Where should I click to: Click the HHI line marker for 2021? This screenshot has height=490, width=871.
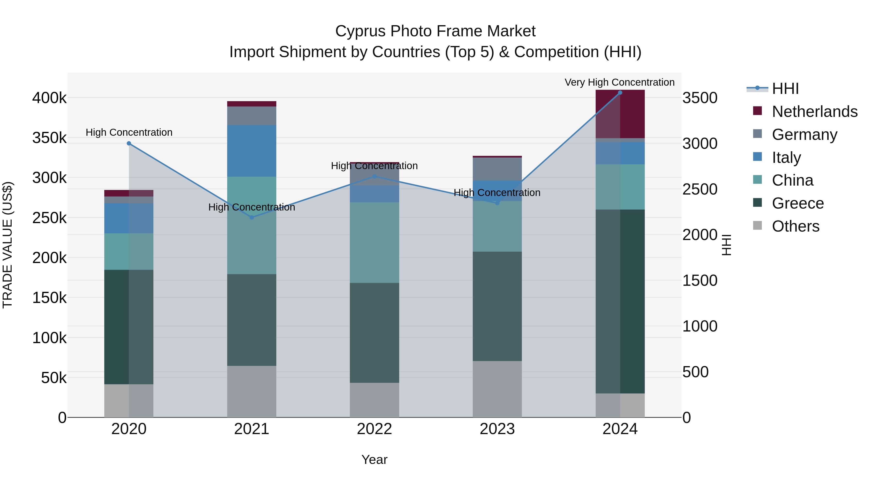pyautogui.click(x=252, y=218)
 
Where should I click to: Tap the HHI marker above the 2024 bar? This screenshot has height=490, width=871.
pyautogui.click(x=620, y=93)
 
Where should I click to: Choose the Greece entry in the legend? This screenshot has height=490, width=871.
pyautogui.click(x=798, y=203)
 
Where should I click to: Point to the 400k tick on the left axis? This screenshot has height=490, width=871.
pyautogui.click(x=49, y=98)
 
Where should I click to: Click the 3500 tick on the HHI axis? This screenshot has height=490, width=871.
pyautogui.click(x=699, y=98)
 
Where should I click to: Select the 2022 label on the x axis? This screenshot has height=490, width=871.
pyautogui.click(x=374, y=429)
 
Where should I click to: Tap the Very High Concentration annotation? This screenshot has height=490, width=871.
pyautogui.click(x=619, y=82)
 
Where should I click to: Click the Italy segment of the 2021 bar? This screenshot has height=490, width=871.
pyautogui.click(x=252, y=151)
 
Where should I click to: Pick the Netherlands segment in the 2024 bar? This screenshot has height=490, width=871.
pyautogui.click(x=620, y=114)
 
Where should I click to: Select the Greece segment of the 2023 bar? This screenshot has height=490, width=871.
pyautogui.click(x=497, y=306)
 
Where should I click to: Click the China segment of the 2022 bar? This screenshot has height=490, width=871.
pyautogui.click(x=374, y=242)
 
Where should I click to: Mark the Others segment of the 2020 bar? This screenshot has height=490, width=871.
pyautogui.click(x=129, y=401)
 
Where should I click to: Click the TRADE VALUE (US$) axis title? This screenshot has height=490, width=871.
pyautogui.click(x=8, y=245)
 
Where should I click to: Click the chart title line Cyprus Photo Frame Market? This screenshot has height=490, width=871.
pyautogui.click(x=435, y=31)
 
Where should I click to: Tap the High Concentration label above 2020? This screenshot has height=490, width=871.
pyautogui.click(x=129, y=132)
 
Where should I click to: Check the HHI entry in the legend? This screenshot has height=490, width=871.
pyautogui.click(x=785, y=89)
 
